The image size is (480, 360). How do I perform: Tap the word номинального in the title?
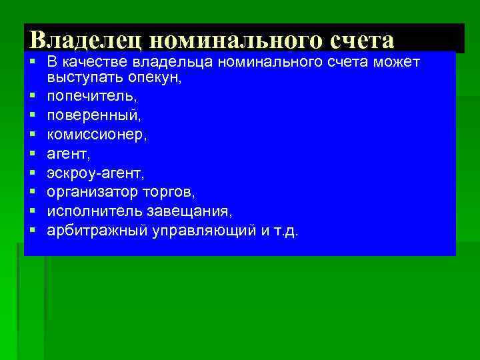coord(236,40)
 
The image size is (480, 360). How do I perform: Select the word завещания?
coord(195,213)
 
